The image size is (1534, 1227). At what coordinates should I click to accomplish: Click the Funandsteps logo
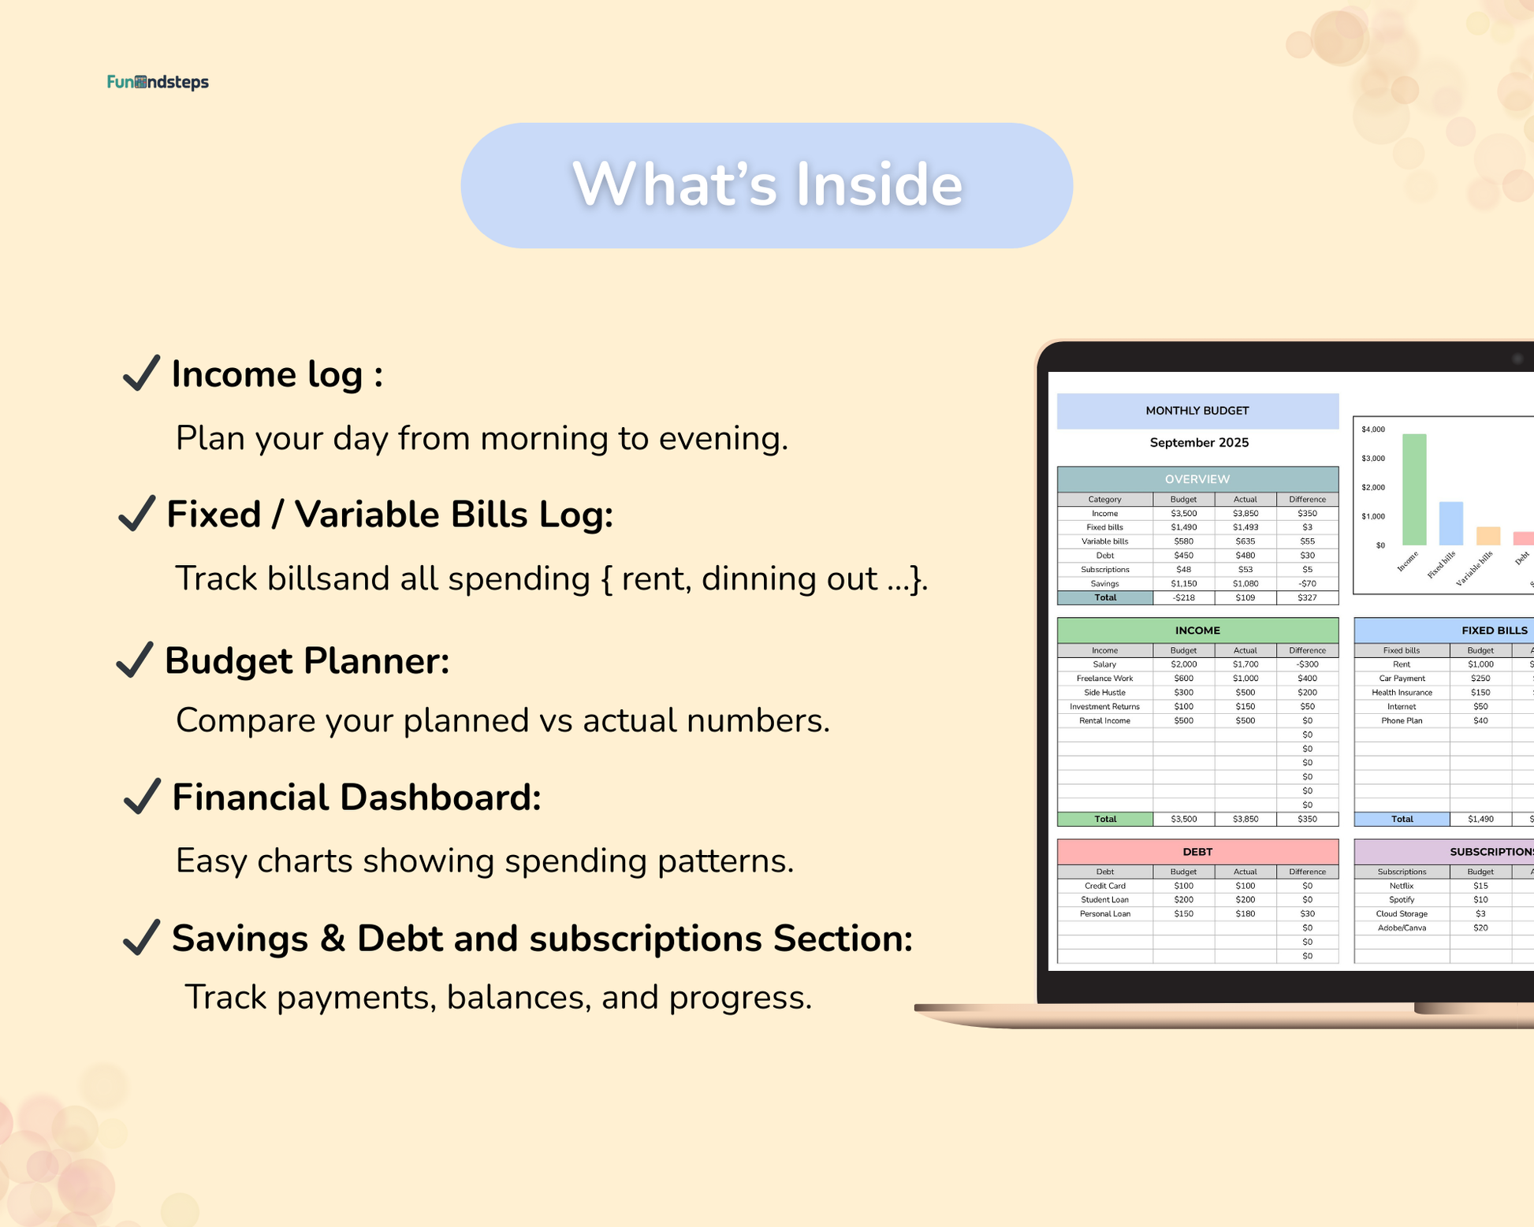(158, 82)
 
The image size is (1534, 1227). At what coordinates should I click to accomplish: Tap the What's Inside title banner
(766, 185)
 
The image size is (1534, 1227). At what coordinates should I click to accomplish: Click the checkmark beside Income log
(142, 373)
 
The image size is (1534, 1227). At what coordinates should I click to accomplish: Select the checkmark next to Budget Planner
(134, 660)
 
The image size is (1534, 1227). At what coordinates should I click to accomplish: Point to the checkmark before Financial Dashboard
(142, 796)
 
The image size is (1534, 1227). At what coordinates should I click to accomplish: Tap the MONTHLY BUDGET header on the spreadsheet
(1197, 411)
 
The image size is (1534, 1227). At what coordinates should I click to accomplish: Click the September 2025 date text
(1199, 443)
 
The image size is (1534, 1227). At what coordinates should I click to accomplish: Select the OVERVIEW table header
(1197, 479)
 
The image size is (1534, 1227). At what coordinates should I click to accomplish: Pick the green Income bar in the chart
(1414, 489)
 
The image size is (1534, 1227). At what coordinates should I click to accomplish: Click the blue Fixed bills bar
(1451, 523)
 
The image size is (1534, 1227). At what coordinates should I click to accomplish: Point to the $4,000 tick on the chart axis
(1373, 429)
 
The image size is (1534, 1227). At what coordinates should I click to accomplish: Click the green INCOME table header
(1197, 630)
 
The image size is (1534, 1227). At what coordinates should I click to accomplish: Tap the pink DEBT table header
(1197, 852)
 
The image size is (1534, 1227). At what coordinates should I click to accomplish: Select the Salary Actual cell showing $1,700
(1245, 664)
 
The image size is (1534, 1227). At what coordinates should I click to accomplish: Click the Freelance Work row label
(1105, 679)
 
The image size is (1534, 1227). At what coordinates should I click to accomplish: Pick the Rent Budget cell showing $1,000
(1480, 664)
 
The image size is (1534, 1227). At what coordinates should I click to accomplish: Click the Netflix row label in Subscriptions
(1402, 886)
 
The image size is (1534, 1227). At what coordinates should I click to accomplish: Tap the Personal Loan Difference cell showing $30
(1307, 914)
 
